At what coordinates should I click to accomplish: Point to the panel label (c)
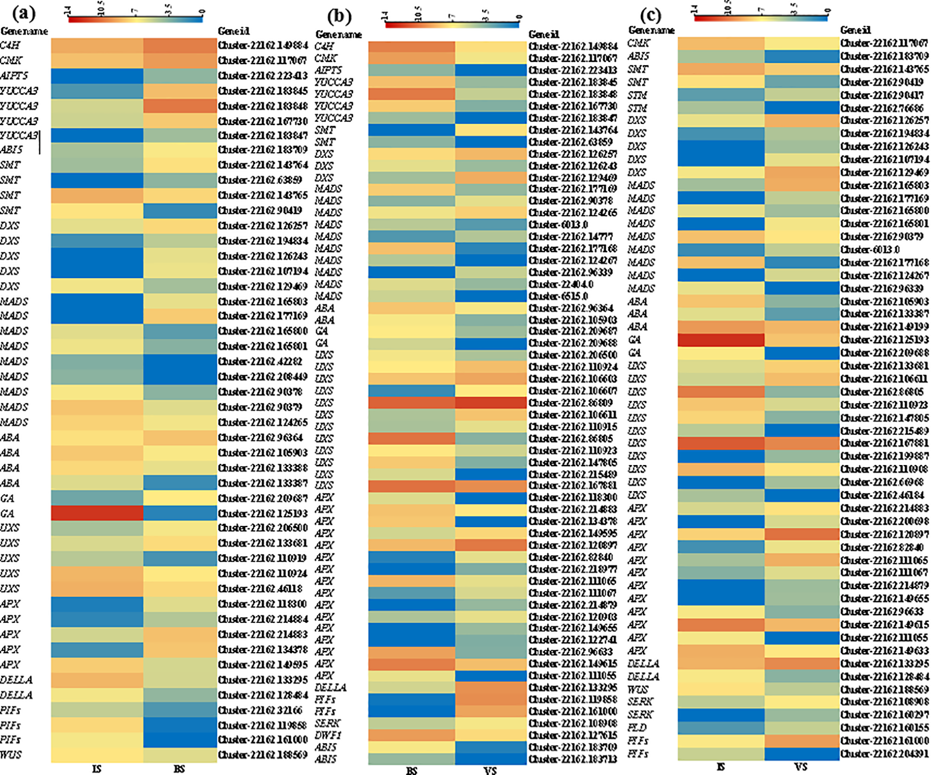pos(651,15)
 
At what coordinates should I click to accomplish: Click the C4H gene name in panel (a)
pos(10,46)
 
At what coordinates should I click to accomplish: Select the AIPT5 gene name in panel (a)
pos(14,76)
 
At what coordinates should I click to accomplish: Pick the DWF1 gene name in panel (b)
pos(328,735)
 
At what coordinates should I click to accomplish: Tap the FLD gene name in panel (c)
pos(637,727)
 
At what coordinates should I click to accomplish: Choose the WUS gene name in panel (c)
pos(637,689)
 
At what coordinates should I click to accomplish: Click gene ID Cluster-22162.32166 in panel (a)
pos(260,709)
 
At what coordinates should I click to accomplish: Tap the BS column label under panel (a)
pos(179,769)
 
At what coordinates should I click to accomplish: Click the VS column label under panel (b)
pos(490,771)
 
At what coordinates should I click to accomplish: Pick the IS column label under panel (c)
pos(720,766)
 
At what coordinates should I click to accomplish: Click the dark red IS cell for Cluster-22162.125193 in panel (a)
pos(97,513)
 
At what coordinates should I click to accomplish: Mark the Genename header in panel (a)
pos(24,31)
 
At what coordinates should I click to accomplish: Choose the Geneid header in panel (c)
pos(856,30)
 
